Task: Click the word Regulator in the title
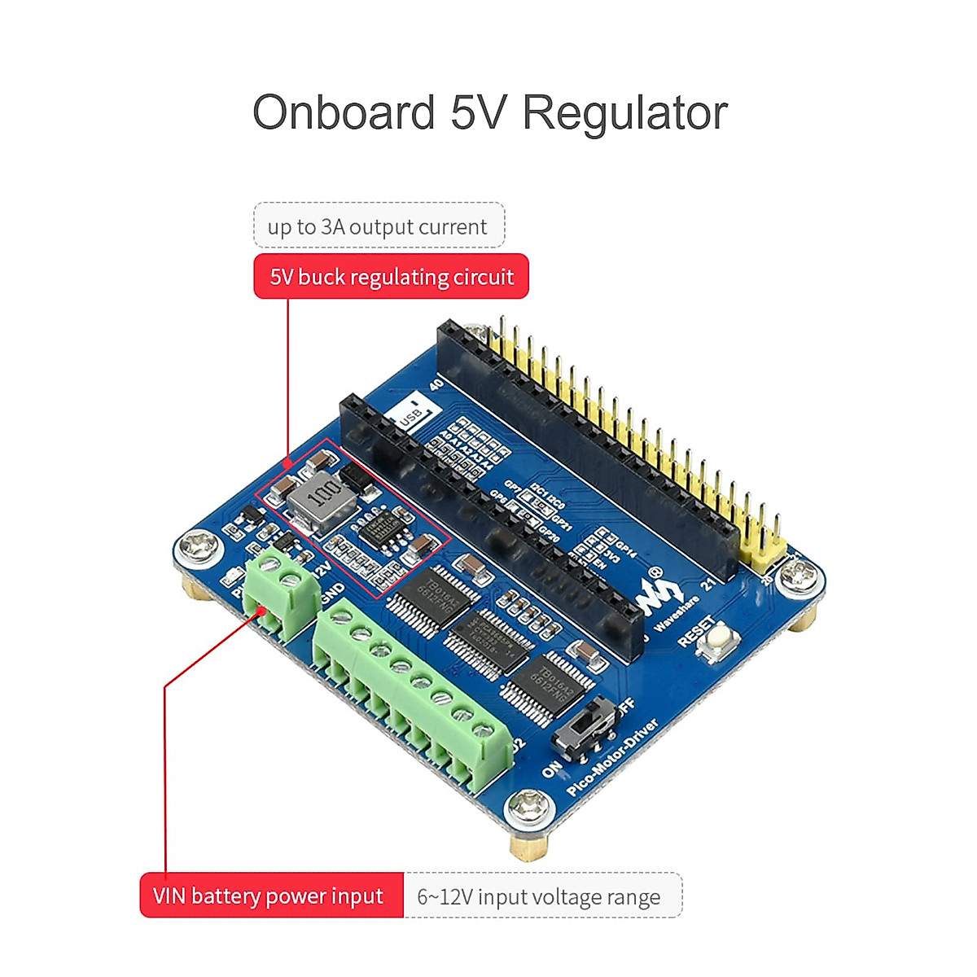coord(624,112)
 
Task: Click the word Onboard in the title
coord(344,112)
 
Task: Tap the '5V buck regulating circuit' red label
coord(392,277)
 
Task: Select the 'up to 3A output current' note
coord(379,226)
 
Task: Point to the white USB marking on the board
coord(410,416)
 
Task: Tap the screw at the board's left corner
coord(199,548)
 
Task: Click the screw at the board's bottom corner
coord(529,812)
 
